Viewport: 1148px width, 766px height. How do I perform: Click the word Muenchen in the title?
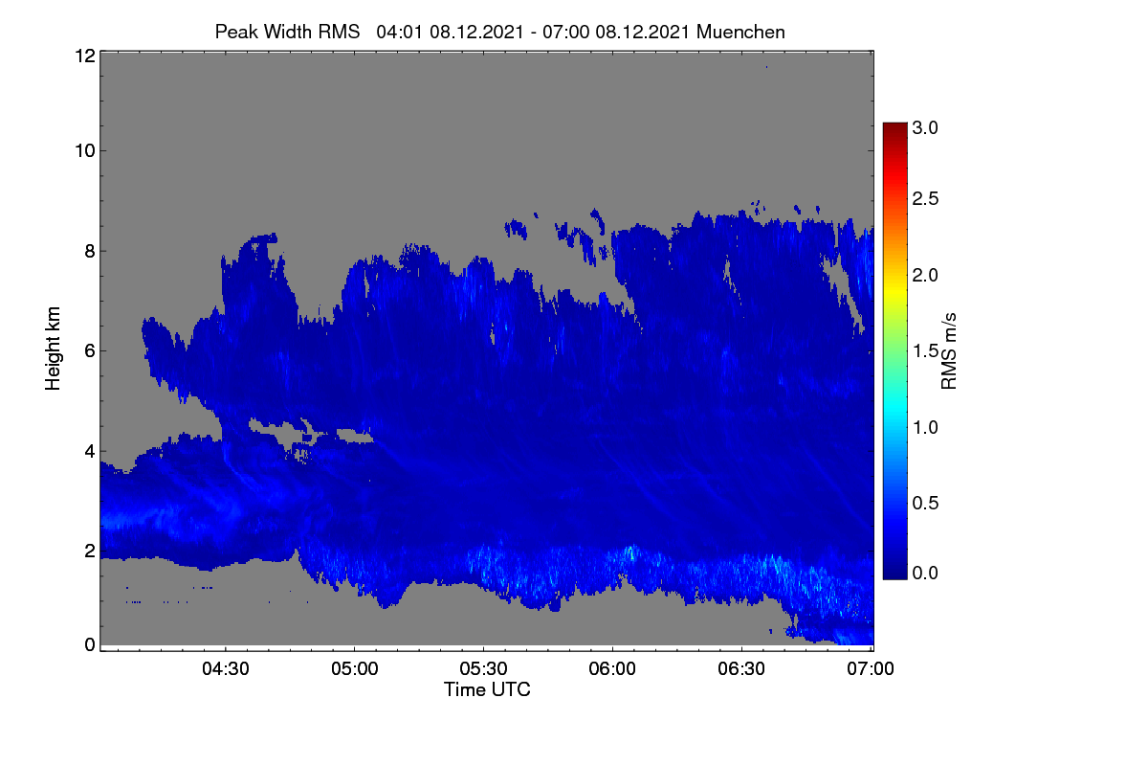point(740,33)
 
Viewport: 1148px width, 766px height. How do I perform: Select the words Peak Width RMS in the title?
point(287,33)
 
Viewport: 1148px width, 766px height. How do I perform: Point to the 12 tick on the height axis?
point(85,56)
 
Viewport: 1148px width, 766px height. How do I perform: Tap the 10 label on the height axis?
point(85,151)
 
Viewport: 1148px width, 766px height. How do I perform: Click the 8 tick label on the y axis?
point(90,252)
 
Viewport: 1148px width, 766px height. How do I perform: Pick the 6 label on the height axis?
point(90,351)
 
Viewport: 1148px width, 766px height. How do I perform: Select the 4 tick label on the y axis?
point(90,452)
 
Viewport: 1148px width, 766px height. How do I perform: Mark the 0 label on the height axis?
point(90,644)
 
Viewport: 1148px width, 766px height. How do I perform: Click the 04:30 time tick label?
point(226,668)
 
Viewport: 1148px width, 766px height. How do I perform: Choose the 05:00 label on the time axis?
point(355,668)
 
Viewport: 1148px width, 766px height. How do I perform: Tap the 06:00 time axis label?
point(612,668)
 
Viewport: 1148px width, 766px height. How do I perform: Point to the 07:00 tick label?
point(871,668)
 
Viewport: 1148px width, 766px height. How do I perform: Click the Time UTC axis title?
point(487,689)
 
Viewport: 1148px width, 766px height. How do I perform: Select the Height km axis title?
point(53,349)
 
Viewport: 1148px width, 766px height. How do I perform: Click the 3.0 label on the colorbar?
point(925,127)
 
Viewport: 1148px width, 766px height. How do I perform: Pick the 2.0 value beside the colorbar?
point(925,276)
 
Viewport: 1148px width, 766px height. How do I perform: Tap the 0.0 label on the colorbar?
point(925,574)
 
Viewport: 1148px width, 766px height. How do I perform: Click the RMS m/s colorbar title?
point(949,351)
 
